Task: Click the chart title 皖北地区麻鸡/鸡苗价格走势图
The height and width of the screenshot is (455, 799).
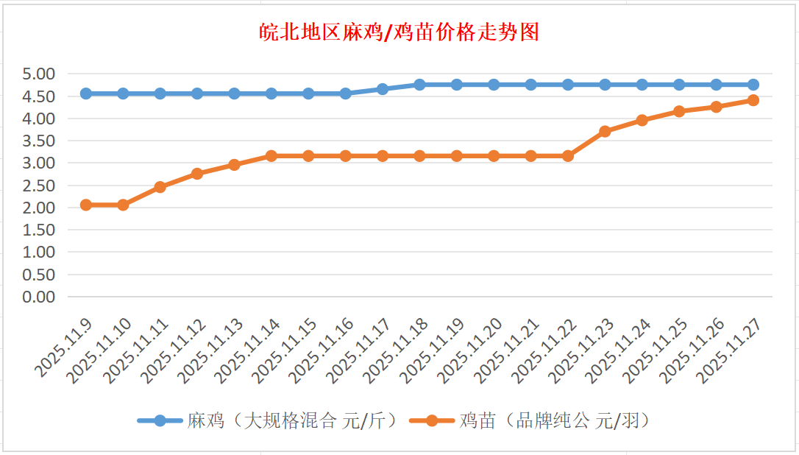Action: click(399, 32)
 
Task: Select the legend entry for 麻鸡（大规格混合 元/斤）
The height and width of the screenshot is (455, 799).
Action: click(269, 420)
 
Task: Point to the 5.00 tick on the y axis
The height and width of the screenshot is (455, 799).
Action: click(39, 74)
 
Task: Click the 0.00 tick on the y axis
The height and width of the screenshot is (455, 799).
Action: click(39, 297)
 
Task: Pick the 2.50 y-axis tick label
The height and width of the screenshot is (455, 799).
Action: click(39, 186)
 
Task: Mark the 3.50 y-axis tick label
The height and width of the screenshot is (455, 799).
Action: click(39, 141)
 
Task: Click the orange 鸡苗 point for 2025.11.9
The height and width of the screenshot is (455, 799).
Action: click(86, 205)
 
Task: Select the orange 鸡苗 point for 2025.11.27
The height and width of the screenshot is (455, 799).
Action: click(753, 100)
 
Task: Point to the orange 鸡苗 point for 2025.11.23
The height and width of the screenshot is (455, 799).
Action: click(605, 131)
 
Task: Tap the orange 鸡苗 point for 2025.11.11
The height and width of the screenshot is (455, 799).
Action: click(160, 187)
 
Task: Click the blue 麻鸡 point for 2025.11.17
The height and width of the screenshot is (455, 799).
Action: click(383, 89)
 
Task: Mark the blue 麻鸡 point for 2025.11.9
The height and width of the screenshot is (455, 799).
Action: click(86, 94)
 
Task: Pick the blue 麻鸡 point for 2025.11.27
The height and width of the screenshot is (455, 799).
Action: click(753, 85)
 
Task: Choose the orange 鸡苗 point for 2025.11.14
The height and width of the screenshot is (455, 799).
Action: click(271, 156)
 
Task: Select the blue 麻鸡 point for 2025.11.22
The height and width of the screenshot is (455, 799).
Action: click(568, 85)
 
